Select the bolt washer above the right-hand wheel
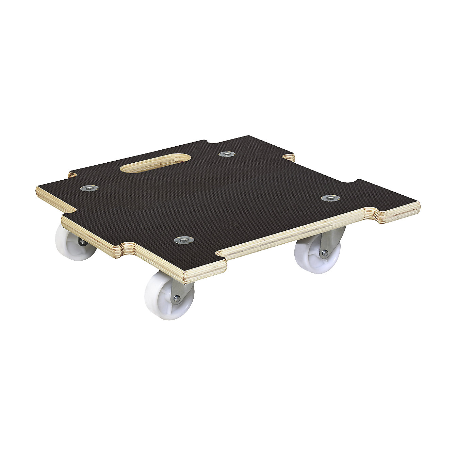[330, 198]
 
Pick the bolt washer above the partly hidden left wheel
[89, 188]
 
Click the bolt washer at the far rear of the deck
[227, 154]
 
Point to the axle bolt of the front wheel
[176, 299]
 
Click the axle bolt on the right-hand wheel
[324, 253]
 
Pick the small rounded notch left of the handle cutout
[71, 175]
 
